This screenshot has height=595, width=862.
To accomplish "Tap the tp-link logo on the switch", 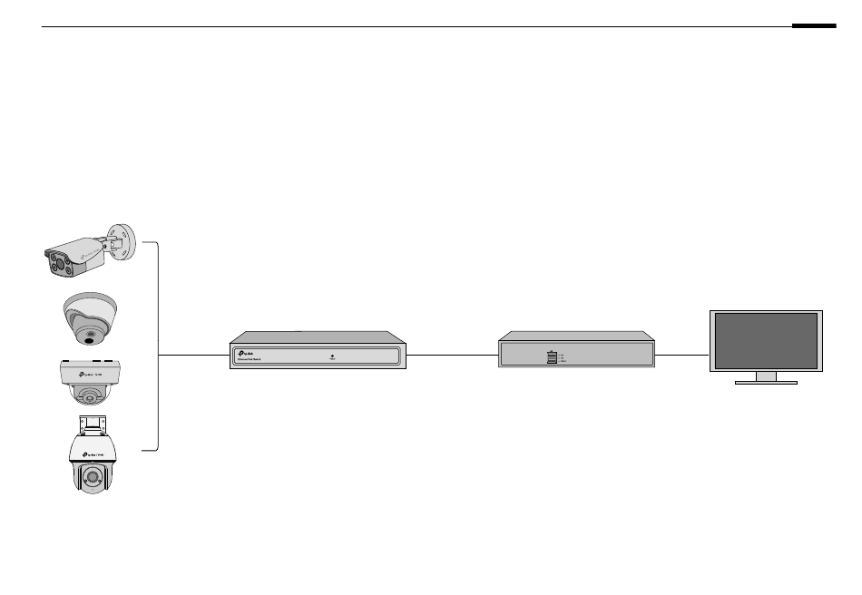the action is [x=245, y=351].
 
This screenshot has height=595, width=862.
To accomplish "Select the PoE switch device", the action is [x=318, y=350].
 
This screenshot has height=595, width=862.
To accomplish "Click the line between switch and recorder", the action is [x=452, y=354].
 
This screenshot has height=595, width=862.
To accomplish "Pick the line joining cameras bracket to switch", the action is [x=195, y=354].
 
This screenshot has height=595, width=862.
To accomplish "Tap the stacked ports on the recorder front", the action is [x=551, y=357].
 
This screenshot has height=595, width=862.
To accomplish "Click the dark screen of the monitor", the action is [x=766, y=340].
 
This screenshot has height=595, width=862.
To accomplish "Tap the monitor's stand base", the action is [x=766, y=382].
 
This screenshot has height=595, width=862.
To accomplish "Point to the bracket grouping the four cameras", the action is [x=158, y=345].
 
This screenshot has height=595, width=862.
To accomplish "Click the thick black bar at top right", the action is [x=813, y=26].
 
